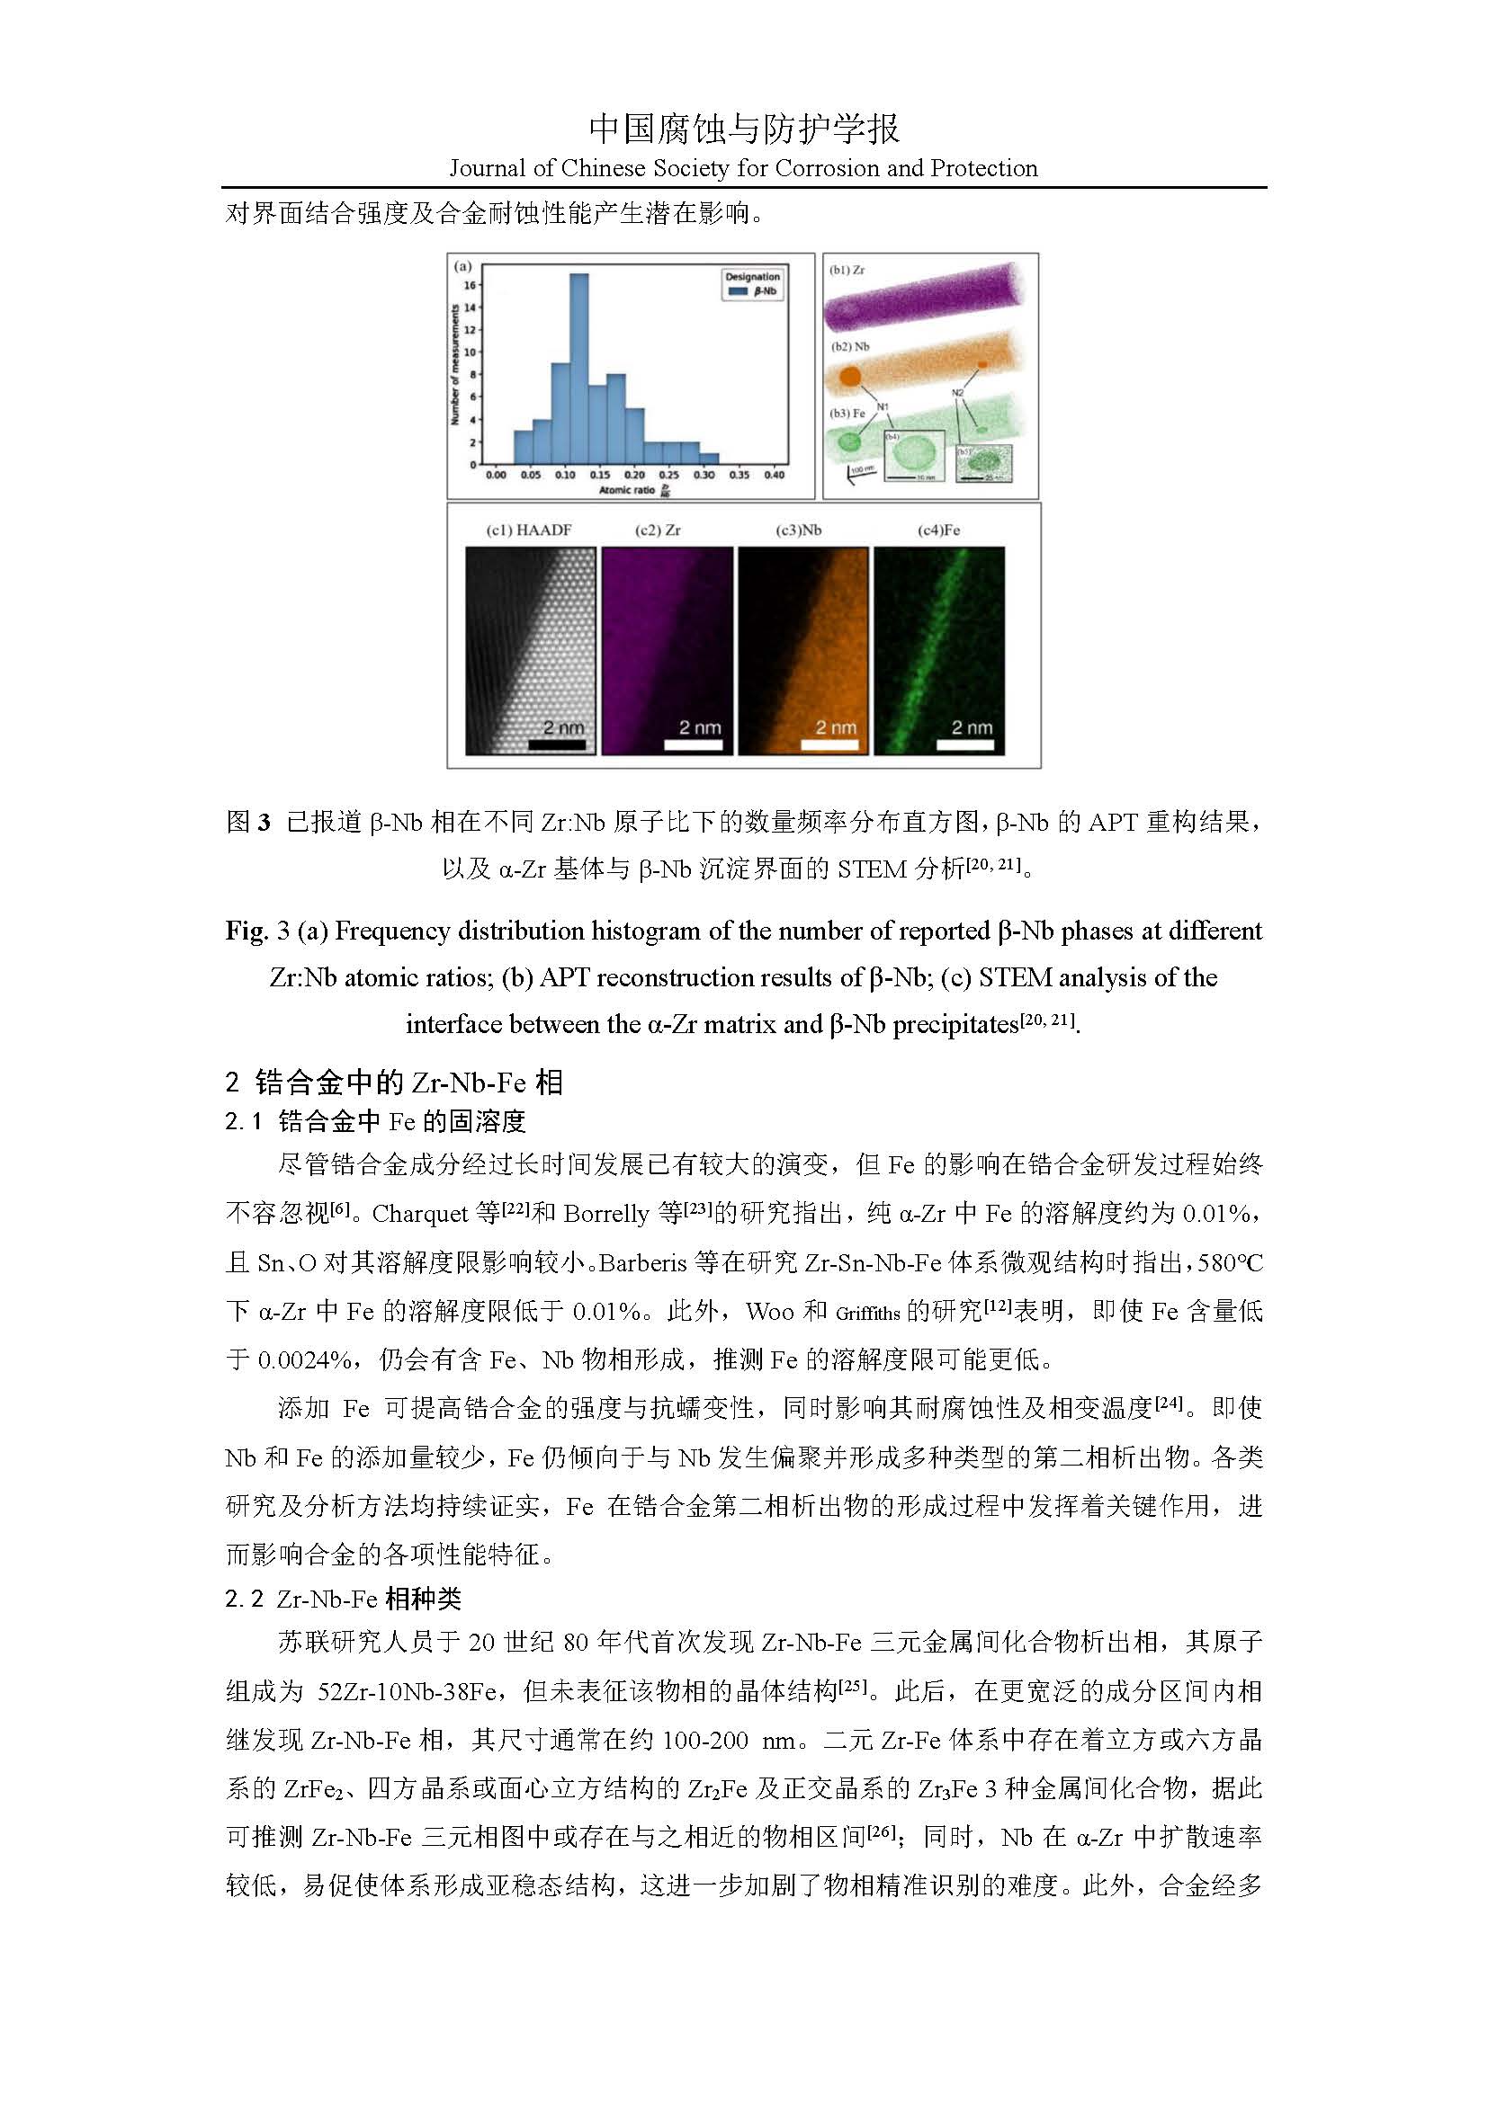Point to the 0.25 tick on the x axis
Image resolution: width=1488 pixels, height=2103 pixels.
[668, 476]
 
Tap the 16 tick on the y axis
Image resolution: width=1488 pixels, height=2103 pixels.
[470, 285]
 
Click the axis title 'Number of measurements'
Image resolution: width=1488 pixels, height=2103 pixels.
[454, 364]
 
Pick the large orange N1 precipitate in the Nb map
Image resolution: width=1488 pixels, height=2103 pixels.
[850, 376]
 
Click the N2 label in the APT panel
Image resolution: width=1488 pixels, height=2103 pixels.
[957, 393]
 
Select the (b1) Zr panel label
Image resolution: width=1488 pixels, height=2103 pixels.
[847, 271]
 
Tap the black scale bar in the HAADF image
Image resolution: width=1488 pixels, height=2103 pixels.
[557, 744]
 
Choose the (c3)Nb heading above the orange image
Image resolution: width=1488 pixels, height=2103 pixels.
[798, 530]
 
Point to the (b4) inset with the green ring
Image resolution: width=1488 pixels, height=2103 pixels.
[913, 455]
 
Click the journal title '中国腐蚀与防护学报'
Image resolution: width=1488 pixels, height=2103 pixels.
[744, 129]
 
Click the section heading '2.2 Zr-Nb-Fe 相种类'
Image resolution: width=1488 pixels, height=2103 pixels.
[344, 1600]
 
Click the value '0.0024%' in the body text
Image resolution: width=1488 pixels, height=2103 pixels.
[303, 1360]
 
